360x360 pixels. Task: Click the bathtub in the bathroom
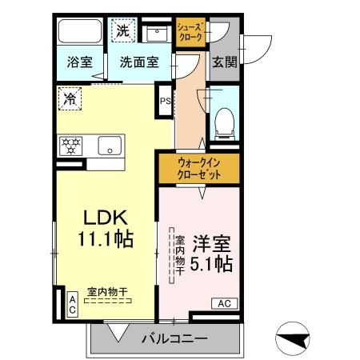(x=79, y=31)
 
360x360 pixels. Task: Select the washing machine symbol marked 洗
(x=122, y=31)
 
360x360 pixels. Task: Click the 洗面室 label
(x=139, y=61)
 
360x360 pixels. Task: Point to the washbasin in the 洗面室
(x=154, y=33)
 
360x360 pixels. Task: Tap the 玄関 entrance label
(x=224, y=62)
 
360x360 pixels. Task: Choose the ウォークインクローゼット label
(x=198, y=168)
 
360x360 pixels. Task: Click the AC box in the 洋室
(x=223, y=303)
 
